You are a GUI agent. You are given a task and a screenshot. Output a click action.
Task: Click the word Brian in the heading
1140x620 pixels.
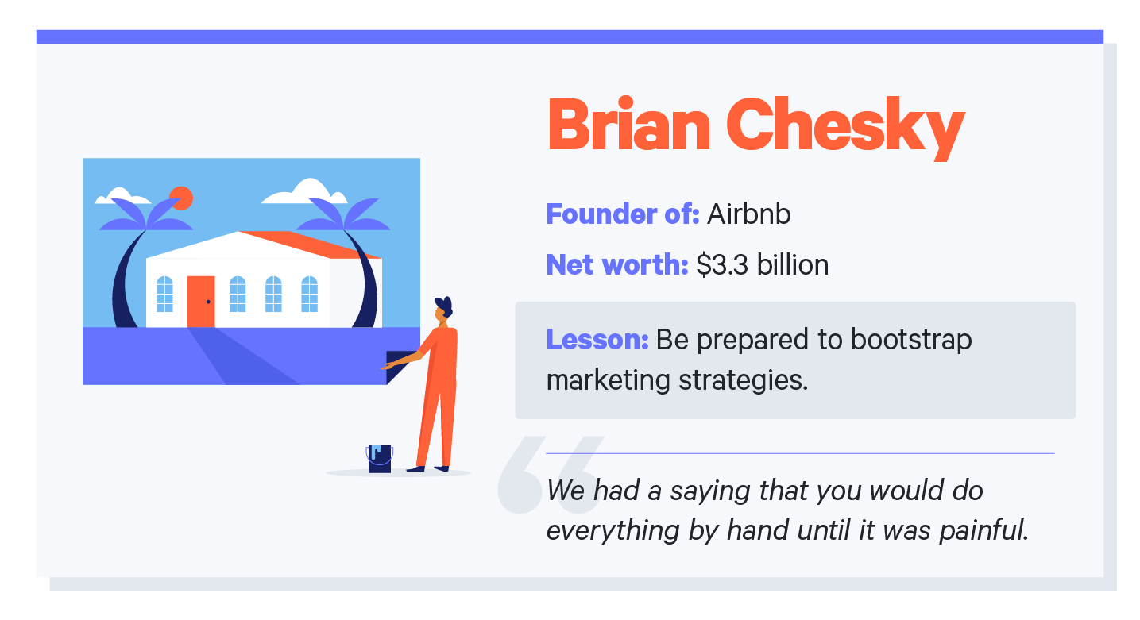628,125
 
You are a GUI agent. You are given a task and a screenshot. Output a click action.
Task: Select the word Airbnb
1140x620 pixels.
748,214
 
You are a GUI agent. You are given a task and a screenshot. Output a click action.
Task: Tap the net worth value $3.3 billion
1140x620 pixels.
762,264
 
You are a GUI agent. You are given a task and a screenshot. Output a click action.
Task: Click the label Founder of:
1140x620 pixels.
622,214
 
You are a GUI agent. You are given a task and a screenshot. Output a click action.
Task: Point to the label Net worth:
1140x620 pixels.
616,264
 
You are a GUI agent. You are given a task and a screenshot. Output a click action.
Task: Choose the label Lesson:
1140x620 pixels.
597,340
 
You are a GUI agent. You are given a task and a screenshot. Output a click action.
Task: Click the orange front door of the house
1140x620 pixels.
201,302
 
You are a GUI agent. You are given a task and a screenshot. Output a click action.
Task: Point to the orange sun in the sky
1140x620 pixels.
181,198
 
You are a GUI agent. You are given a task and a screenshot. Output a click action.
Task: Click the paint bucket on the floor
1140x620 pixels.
380,459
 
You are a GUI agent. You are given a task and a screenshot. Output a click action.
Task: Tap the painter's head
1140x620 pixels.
442,310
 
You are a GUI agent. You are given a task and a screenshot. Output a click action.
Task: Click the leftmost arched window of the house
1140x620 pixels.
164,294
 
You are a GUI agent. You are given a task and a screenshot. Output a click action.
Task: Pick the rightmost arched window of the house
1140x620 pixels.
309,294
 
